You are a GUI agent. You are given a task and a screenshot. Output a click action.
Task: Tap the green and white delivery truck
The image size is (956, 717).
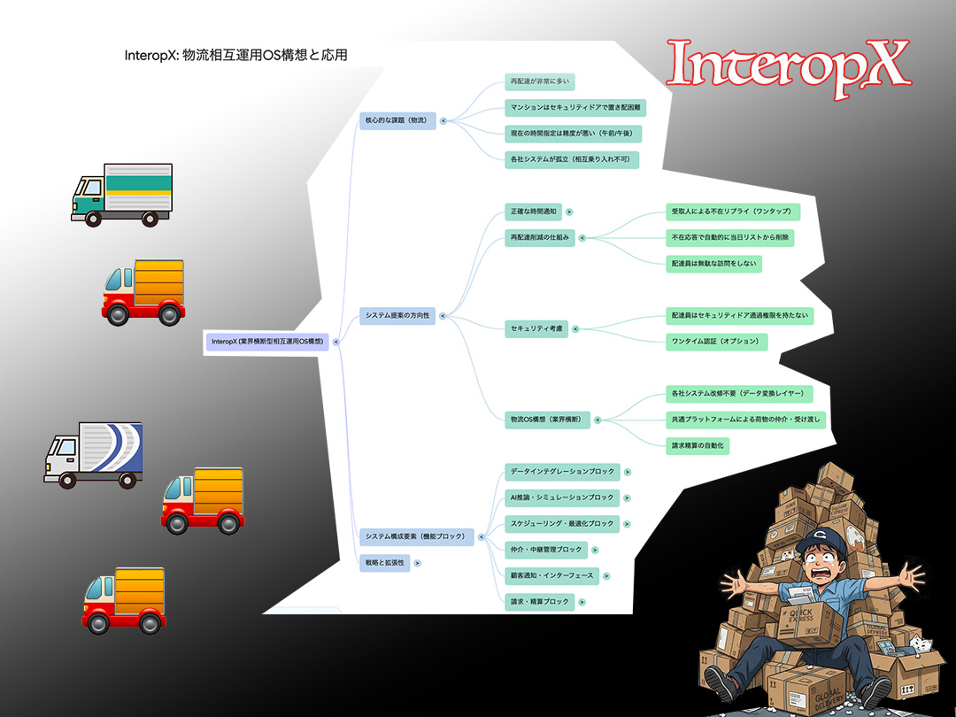click(121, 194)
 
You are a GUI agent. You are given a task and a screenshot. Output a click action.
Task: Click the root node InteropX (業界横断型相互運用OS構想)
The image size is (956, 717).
click(266, 342)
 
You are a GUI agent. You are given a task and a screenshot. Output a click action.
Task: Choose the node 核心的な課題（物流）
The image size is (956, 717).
click(397, 120)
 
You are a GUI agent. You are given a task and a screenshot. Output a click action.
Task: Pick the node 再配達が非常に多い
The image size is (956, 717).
click(539, 82)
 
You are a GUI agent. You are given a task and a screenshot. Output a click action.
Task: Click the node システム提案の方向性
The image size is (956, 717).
click(397, 316)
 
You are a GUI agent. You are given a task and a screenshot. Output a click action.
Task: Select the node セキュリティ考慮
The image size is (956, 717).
click(536, 328)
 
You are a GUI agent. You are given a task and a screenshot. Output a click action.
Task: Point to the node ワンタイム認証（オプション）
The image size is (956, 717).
click(715, 341)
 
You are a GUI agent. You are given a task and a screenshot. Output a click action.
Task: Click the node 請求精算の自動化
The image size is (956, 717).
click(698, 446)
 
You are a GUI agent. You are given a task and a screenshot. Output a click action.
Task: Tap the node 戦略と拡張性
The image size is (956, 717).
click(384, 562)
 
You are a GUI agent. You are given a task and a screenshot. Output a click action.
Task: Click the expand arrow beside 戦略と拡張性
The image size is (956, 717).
click(417, 562)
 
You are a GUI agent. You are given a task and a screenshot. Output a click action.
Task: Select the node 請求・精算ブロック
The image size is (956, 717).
click(538, 602)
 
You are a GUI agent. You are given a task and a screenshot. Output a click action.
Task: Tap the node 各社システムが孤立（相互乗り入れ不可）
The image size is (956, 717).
click(571, 159)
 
